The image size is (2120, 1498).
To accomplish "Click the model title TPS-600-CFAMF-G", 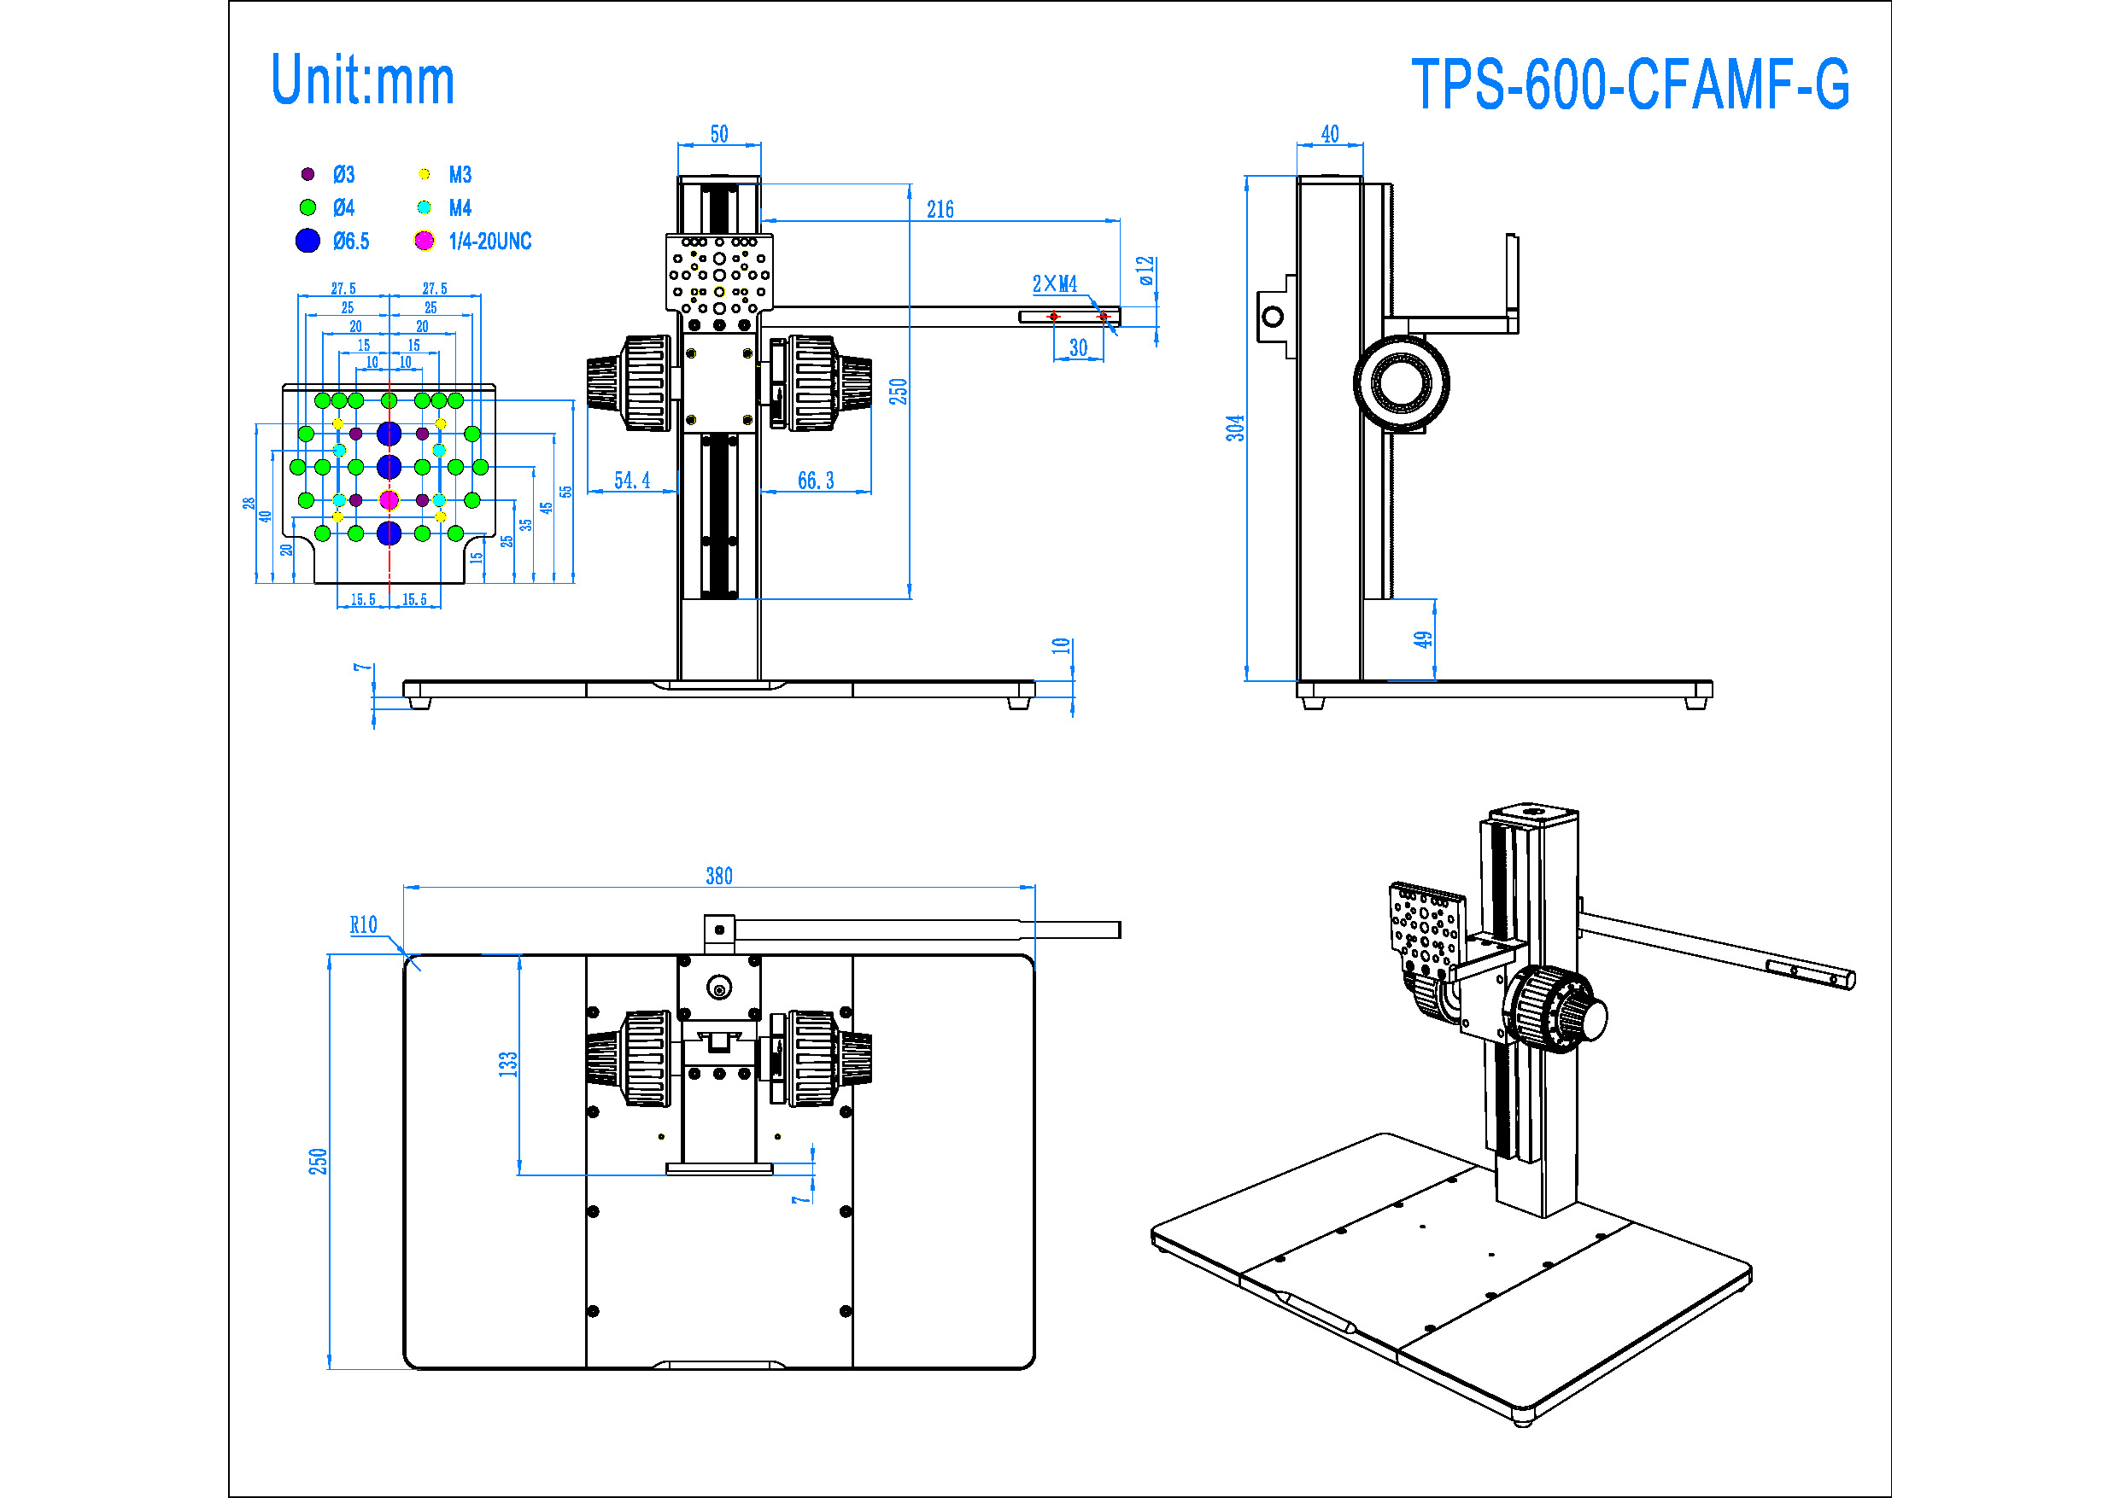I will pyautogui.click(x=1630, y=84).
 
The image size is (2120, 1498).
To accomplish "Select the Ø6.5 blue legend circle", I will pyautogui.click(x=307, y=241).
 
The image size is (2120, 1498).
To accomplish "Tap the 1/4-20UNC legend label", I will pyautogui.click(x=489, y=242).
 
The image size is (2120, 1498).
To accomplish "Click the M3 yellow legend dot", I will pyautogui.click(x=424, y=173).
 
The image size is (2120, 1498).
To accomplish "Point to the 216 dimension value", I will pyautogui.click(x=940, y=209).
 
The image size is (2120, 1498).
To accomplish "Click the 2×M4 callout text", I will pyautogui.click(x=1055, y=283).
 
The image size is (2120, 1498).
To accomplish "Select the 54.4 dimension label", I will pyautogui.click(x=631, y=480).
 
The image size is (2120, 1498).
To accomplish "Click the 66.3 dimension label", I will pyautogui.click(x=816, y=480).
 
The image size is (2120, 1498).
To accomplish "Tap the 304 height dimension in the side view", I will pyautogui.click(x=1234, y=428).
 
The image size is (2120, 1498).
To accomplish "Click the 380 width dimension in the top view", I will pyautogui.click(x=718, y=876).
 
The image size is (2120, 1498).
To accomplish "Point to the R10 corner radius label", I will pyautogui.click(x=363, y=924).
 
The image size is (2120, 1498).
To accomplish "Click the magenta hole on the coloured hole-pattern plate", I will pyautogui.click(x=389, y=500).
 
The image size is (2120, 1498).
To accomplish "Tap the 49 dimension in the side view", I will pyautogui.click(x=1423, y=638).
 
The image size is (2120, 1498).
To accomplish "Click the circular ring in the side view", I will pyautogui.click(x=1401, y=383).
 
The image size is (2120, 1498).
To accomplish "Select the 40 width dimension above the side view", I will pyautogui.click(x=1330, y=134).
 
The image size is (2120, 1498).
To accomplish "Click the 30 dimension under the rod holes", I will pyautogui.click(x=1078, y=348).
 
